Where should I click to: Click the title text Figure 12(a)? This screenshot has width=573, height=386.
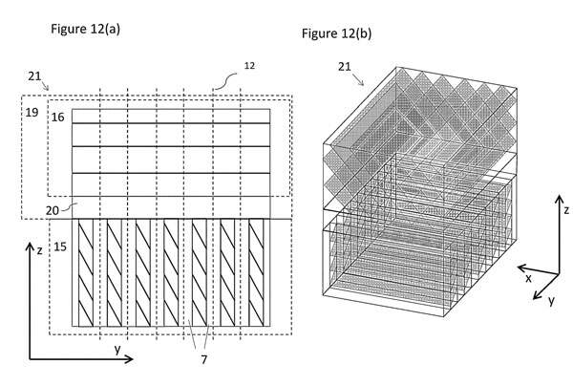click(x=85, y=29)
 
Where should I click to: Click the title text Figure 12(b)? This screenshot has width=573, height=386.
click(x=336, y=33)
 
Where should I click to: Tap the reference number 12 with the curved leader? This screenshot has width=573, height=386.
click(x=249, y=65)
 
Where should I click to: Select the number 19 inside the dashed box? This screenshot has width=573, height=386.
click(x=32, y=112)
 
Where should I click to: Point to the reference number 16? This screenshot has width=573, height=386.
click(x=57, y=117)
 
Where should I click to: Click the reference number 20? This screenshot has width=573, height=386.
click(x=53, y=210)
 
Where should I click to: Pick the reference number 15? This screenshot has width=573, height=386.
click(x=60, y=247)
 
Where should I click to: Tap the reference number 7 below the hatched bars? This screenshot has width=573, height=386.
click(x=204, y=359)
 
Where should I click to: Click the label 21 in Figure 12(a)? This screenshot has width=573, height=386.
click(x=34, y=76)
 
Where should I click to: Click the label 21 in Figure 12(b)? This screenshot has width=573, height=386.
click(x=345, y=67)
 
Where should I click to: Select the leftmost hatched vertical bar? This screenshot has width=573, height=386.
click(x=86, y=272)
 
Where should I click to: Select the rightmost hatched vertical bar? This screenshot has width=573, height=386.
click(x=256, y=272)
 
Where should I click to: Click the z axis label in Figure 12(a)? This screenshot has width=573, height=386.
click(x=39, y=250)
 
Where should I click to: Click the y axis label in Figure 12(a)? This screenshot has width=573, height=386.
click(x=117, y=350)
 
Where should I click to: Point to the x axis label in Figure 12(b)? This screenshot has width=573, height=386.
click(x=528, y=279)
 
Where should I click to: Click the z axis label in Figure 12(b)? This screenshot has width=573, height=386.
click(x=566, y=210)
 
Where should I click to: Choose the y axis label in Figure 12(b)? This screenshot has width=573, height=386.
click(x=551, y=300)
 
